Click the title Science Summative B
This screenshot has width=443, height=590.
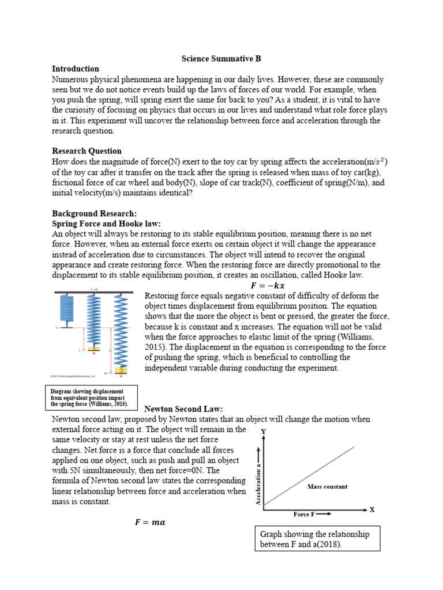[x=221, y=59]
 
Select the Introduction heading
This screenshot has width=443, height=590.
[x=76, y=69]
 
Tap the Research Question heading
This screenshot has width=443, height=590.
[x=87, y=151]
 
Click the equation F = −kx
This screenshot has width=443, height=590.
[x=267, y=286]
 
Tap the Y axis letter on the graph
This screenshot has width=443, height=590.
[x=264, y=431]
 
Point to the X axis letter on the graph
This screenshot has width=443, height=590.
[x=372, y=509]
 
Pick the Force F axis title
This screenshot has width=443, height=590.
[x=312, y=513]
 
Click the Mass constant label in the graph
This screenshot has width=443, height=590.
[x=327, y=487]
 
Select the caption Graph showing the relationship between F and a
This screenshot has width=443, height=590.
[x=315, y=539]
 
